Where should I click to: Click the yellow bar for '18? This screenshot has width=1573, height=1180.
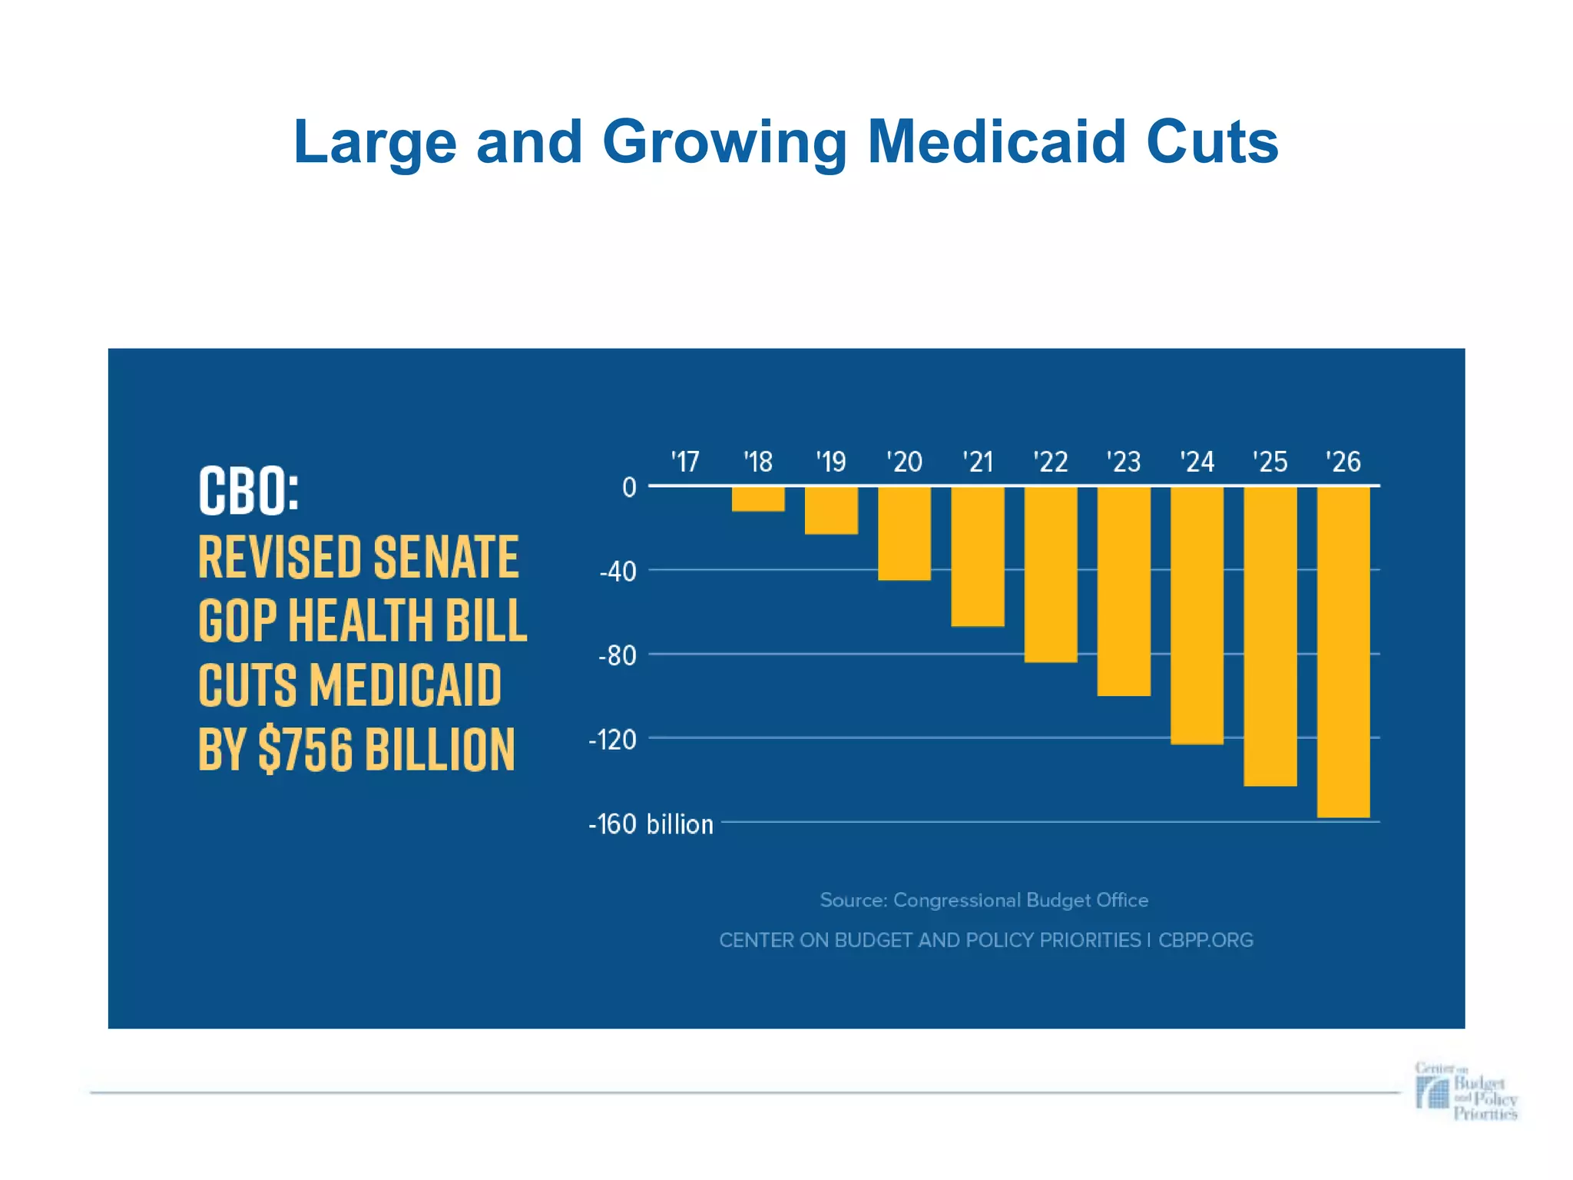coord(757,499)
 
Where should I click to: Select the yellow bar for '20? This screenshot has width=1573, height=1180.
coord(904,533)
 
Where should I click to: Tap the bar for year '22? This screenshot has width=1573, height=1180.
coord(1051,574)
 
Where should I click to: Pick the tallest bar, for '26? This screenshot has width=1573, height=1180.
coord(1343,651)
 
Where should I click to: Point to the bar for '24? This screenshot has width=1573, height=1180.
coord(1197,615)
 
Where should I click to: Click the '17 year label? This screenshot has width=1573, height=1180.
coord(684,462)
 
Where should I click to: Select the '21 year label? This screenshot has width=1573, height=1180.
coord(978,462)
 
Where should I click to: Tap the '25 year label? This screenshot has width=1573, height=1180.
coord(1270,462)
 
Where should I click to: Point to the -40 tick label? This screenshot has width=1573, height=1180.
coord(618,572)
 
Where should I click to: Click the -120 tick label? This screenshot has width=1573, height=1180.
coord(612,740)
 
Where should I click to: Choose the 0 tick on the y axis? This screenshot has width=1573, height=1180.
coord(629,487)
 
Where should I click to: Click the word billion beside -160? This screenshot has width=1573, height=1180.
coord(680,824)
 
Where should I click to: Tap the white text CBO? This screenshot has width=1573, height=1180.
coord(248,492)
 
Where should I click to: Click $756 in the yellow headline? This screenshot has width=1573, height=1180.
coord(306,749)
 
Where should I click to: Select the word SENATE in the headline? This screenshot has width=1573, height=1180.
coord(445,557)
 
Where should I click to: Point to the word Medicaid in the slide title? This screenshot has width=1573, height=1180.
coord(997,142)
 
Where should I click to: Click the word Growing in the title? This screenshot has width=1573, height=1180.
coord(724,144)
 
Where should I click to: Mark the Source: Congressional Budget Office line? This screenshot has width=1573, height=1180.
coord(984,900)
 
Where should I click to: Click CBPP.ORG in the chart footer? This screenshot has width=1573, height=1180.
coord(1205,940)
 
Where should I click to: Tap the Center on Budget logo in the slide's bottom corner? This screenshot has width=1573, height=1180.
coord(1465,1091)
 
